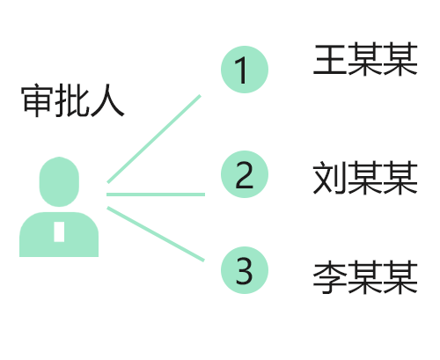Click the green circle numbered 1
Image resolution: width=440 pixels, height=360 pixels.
point(245,70)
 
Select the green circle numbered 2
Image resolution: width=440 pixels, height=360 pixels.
point(245,174)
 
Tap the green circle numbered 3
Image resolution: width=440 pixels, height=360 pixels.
point(245,270)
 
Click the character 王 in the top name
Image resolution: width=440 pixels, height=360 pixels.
point(330,59)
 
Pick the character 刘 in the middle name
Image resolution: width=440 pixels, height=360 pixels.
point(330,178)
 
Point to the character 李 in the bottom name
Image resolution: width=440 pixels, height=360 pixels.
point(330,277)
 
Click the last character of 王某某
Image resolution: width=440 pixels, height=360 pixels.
point(400,59)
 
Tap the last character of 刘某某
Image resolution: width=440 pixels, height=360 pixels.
point(400,178)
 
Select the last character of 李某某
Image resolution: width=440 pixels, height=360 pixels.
point(400,277)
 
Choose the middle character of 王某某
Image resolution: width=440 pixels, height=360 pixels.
point(365,59)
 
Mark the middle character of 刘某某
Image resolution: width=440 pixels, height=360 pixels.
point(365,178)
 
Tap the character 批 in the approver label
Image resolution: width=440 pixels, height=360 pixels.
point(72,100)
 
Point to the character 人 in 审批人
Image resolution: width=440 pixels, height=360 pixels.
point(107,100)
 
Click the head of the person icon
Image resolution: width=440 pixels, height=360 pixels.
point(59,181)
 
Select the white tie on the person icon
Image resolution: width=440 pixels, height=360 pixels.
point(59,231)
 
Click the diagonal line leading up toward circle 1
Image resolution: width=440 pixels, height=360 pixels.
point(154,139)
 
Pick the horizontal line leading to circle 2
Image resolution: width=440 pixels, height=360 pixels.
point(156,195)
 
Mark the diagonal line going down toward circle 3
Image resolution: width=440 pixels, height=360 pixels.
point(156,234)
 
